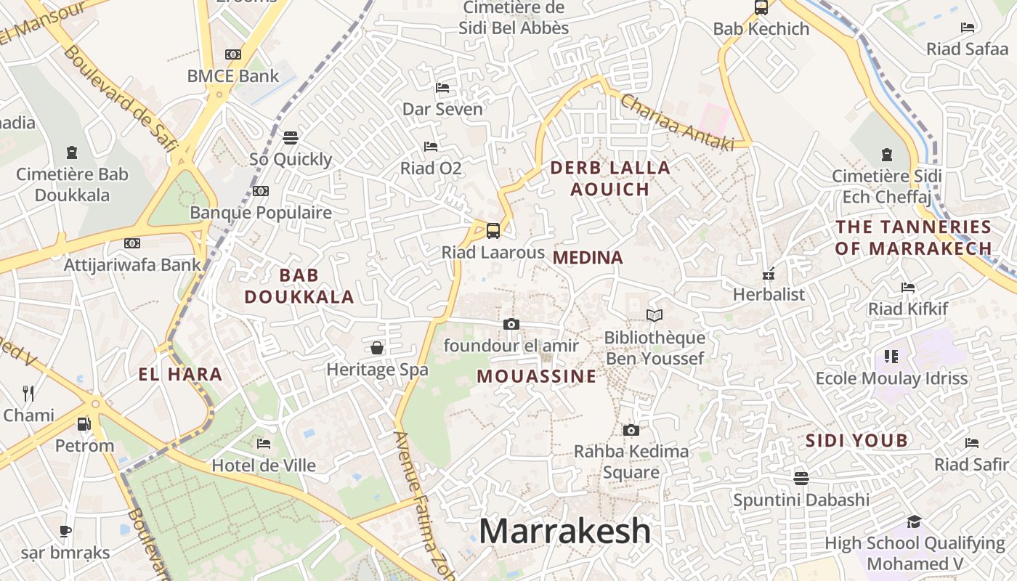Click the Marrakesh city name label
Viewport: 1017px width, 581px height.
[x=564, y=531]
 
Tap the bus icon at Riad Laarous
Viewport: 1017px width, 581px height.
[x=493, y=231]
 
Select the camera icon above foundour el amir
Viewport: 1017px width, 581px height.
[x=511, y=324]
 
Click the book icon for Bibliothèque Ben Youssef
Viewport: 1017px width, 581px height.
[x=655, y=315]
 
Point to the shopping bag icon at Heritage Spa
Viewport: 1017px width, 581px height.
[x=377, y=348]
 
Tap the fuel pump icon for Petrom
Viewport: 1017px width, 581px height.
[x=84, y=423]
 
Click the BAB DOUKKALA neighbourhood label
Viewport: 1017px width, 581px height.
[x=299, y=285]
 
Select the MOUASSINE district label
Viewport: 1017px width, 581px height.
[x=536, y=376]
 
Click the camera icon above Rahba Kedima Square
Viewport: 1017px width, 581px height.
[x=631, y=430]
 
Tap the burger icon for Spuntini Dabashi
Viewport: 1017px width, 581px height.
[x=801, y=478]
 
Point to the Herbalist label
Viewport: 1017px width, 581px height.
[x=769, y=294]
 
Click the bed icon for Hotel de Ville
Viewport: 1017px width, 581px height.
[x=264, y=443]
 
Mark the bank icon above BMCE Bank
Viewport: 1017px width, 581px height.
[x=233, y=54]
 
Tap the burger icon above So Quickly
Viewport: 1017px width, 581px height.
[x=291, y=138]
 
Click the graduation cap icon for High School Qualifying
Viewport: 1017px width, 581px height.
[x=914, y=521]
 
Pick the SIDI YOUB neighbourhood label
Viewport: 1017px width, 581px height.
[x=856, y=440]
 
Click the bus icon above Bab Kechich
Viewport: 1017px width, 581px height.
[x=761, y=7]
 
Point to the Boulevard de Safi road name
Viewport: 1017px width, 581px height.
[x=120, y=99]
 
